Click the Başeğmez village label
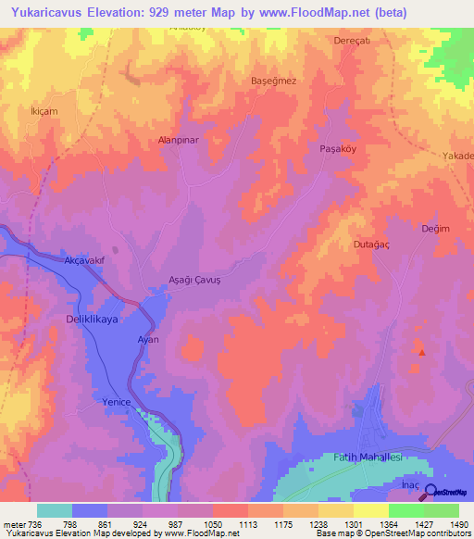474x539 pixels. click(274, 81)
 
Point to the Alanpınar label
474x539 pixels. click(180, 141)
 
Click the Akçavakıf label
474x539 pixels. click(89, 260)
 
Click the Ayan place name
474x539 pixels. click(149, 340)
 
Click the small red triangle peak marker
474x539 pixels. click(422, 352)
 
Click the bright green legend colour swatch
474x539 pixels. click(405, 510)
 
